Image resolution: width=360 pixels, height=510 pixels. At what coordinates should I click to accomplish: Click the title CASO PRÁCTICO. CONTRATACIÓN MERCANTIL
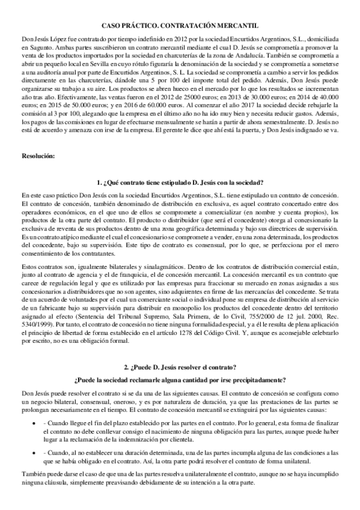coord(180,26)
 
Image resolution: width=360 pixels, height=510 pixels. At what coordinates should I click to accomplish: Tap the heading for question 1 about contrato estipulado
coord(180,182)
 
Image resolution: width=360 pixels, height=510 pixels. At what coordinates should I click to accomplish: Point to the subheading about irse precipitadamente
coord(180,379)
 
